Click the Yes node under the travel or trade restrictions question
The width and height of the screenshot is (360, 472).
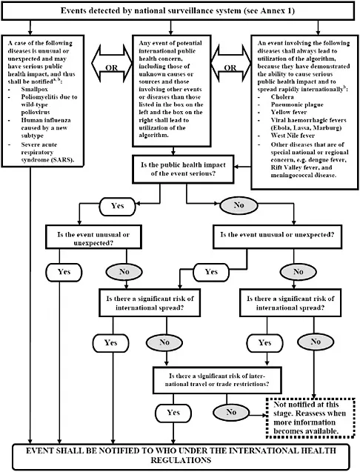pyautogui.click(x=173, y=411)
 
